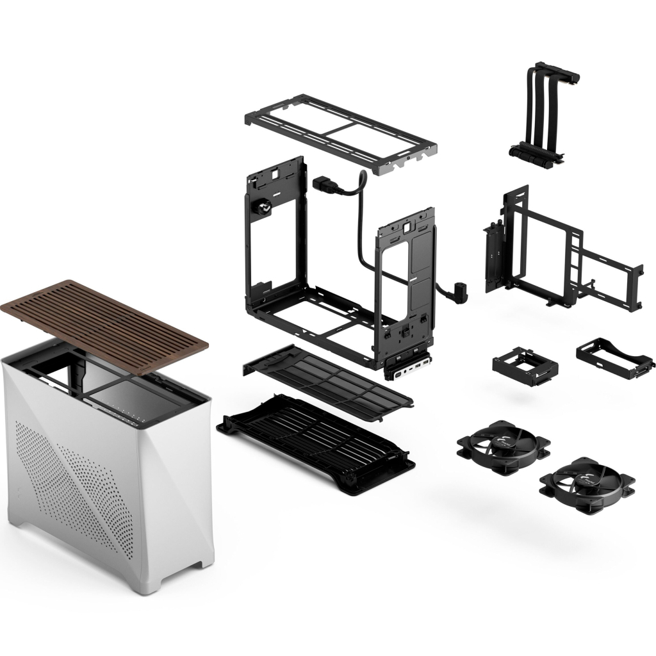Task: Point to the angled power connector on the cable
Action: [x=460, y=291]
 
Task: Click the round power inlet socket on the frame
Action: [x=262, y=208]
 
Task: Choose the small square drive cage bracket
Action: [x=525, y=365]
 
